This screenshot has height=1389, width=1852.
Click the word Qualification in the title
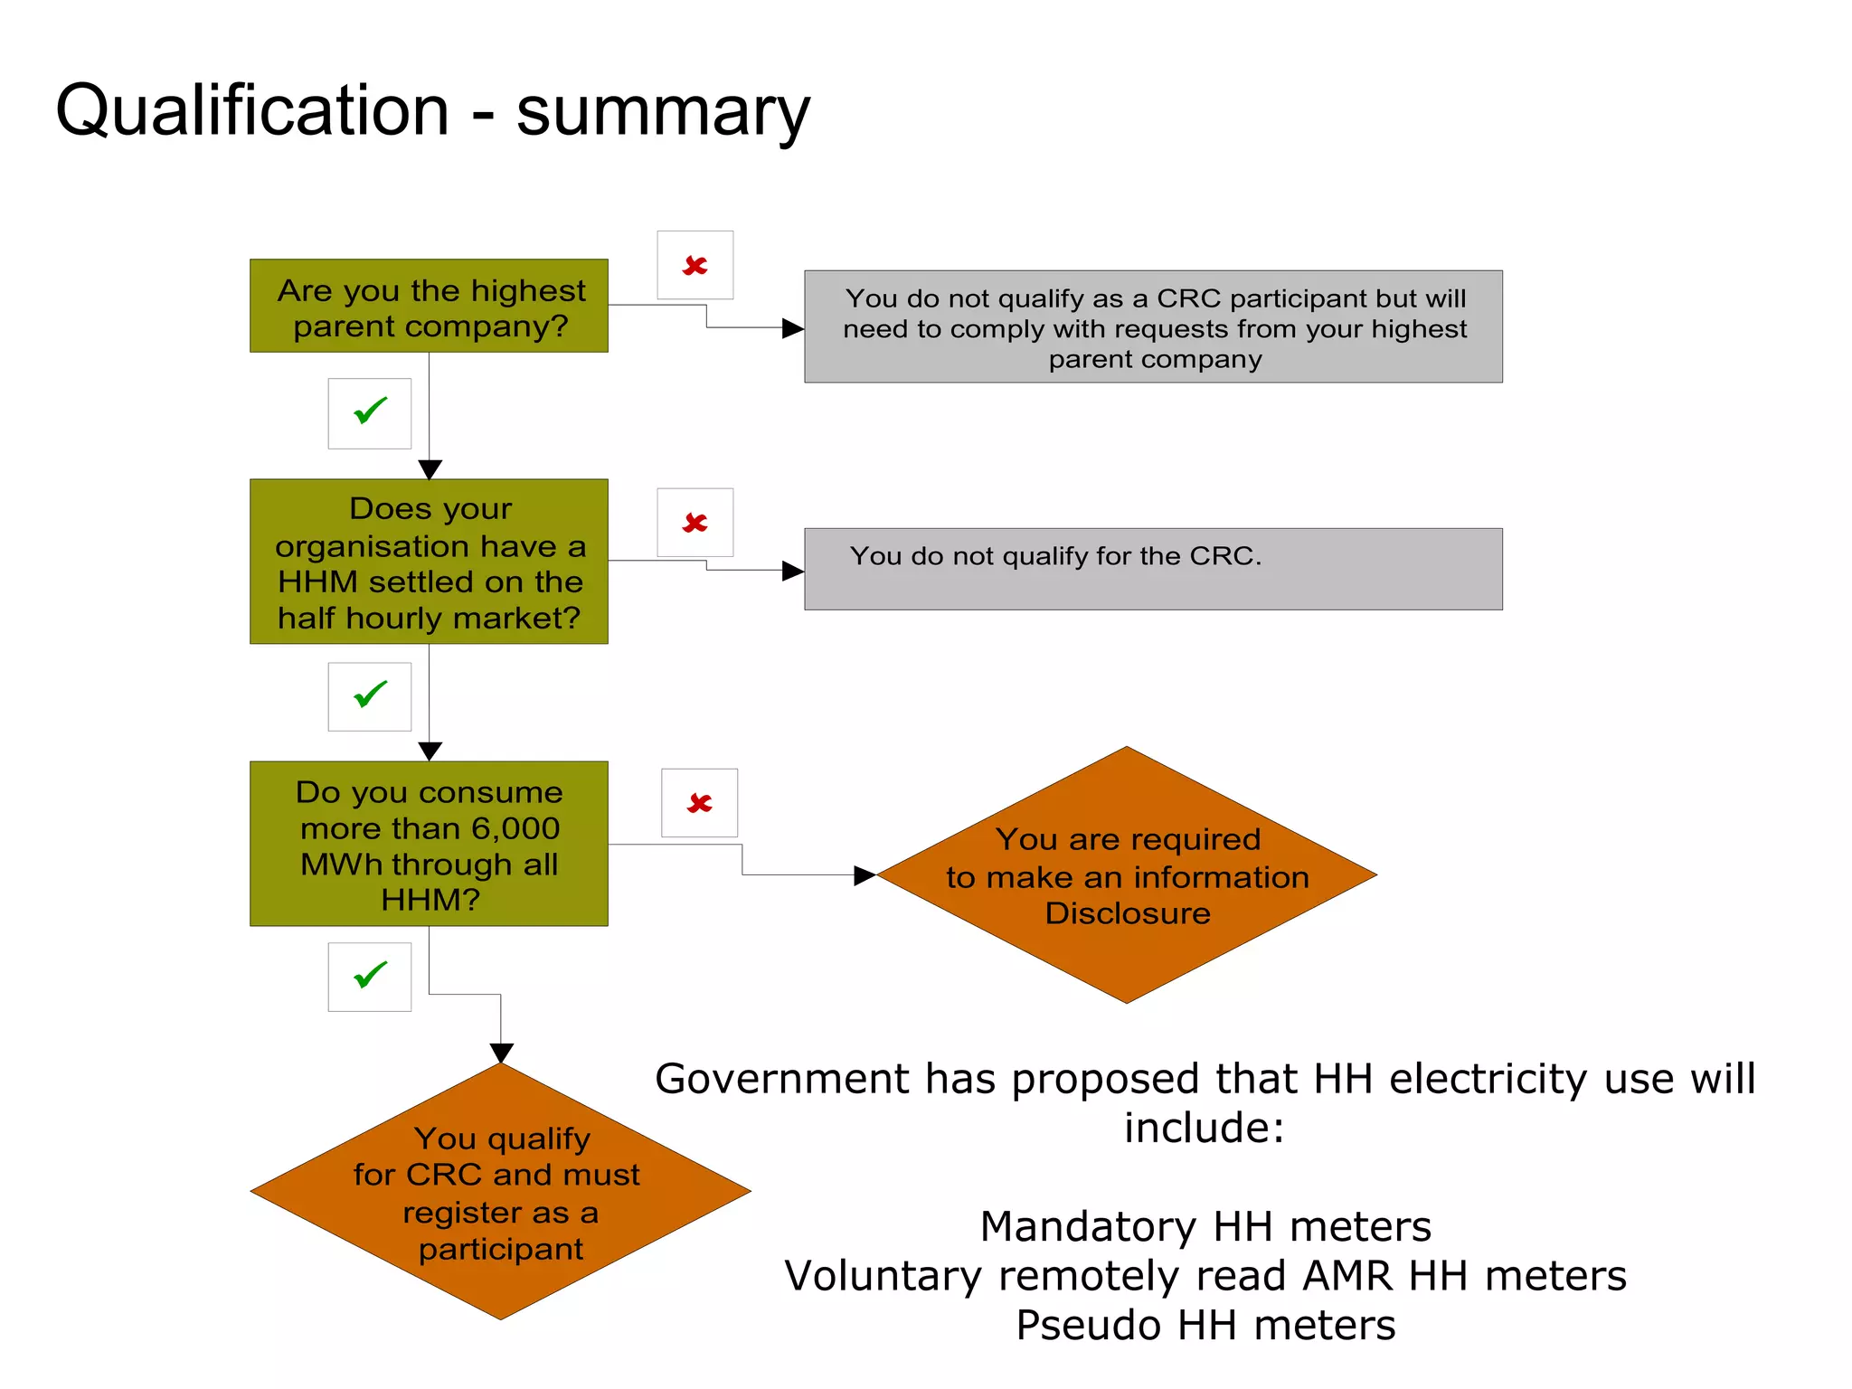click(x=252, y=110)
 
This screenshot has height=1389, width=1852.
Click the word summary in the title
click(x=663, y=112)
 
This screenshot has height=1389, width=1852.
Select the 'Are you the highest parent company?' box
click(x=429, y=307)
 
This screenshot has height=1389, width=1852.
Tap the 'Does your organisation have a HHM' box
click(x=429, y=562)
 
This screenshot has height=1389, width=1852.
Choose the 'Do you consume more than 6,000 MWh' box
click(x=429, y=844)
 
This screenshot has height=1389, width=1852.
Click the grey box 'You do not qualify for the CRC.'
click(x=1153, y=570)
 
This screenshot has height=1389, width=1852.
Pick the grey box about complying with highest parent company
click(x=1153, y=327)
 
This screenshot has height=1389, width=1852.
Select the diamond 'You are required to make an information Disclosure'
click(x=1127, y=874)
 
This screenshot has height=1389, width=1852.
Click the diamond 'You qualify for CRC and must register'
click(x=500, y=1192)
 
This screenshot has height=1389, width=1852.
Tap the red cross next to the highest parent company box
click(x=694, y=265)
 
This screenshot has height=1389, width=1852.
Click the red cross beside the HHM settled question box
click(x=694, y=523)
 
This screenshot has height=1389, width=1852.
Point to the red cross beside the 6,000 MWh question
click(x=699, y=803)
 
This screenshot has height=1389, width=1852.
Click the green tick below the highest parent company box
click(x=370, y=412)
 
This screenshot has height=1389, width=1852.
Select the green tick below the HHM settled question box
click(x=370, y=695)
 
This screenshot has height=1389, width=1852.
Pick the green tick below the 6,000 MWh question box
click(x=370, y=976)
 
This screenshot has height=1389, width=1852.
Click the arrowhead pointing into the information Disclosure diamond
click(x=865, y=874)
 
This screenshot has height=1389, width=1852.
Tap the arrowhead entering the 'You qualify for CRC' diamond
click(x=501, y=1053)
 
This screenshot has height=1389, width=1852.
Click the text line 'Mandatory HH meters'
click(x=1205, y=1227)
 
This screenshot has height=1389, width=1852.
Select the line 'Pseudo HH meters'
click(x=1205, y=1326)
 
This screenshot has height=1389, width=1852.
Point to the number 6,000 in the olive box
click(x=515, y=828)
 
